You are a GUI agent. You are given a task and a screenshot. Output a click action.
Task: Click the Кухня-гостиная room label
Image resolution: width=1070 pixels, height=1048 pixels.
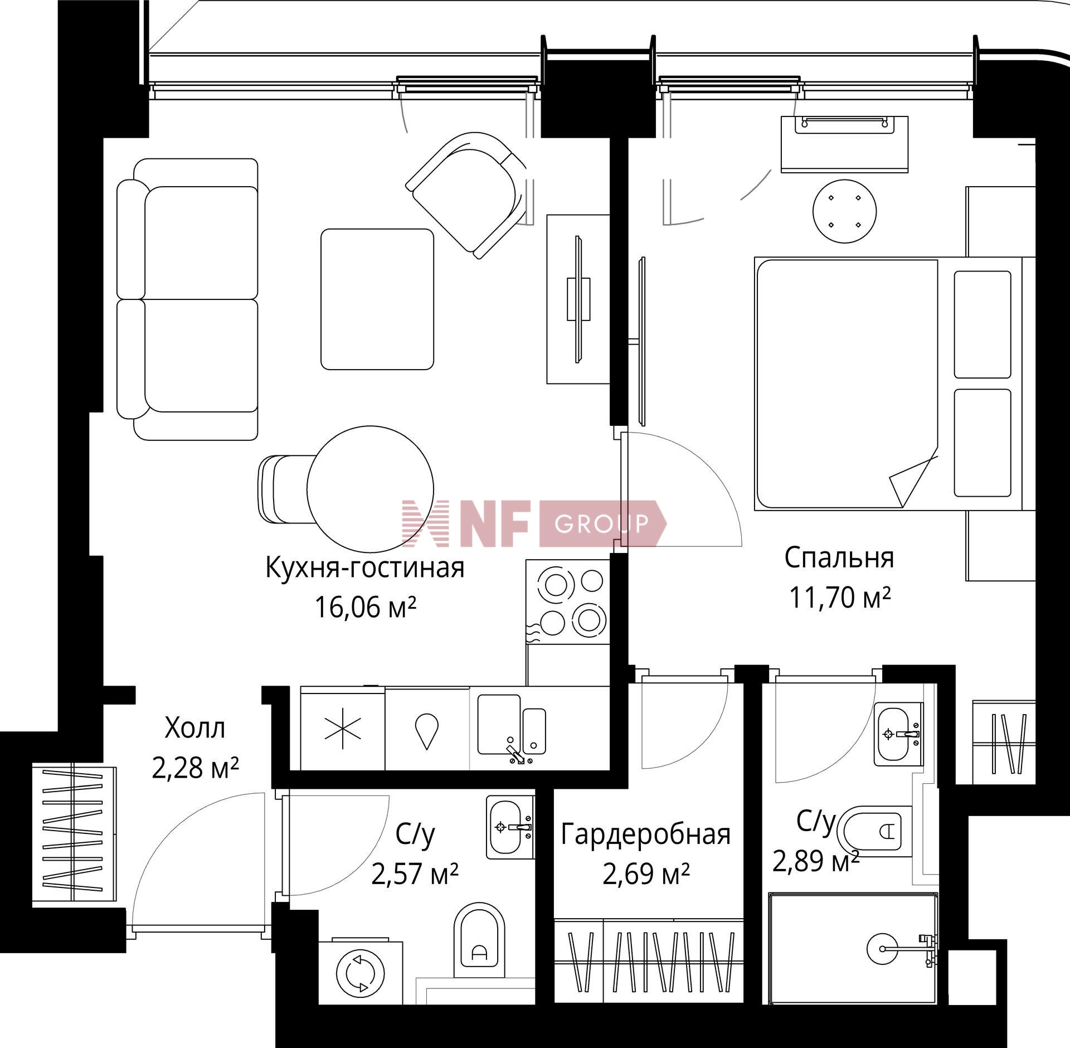click(x=364, y=569)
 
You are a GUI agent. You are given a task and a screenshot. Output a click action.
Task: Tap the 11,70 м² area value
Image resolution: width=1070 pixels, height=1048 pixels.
click(x=839, y=598)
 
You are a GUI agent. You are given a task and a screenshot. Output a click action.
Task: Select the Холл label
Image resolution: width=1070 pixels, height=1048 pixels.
click(x=195, y=728)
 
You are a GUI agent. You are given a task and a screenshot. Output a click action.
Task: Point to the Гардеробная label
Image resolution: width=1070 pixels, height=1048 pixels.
click(x=645, y=834)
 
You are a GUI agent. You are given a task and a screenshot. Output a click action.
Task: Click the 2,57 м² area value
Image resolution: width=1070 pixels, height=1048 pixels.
click(x=415, y=874)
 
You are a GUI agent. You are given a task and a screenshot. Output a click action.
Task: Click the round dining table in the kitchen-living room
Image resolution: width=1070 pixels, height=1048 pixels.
click(x=371, y=488)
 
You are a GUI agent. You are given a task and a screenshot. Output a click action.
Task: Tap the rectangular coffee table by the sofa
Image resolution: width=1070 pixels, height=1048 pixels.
click(x=377, y=299)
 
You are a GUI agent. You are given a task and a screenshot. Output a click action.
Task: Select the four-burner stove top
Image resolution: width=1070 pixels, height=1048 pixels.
click(x=568, y=602)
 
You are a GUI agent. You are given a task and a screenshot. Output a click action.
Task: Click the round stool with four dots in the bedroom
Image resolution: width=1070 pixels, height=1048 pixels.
click(x=844, y=211)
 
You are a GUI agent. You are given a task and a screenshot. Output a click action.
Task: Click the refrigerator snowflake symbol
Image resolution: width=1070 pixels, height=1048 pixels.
click(x=343, y=729)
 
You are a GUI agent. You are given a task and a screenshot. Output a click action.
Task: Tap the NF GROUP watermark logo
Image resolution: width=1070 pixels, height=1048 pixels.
click(x=534, y=523)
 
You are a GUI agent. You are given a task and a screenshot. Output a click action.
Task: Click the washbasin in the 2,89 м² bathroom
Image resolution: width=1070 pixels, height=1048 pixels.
click(x=897, y=734)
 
